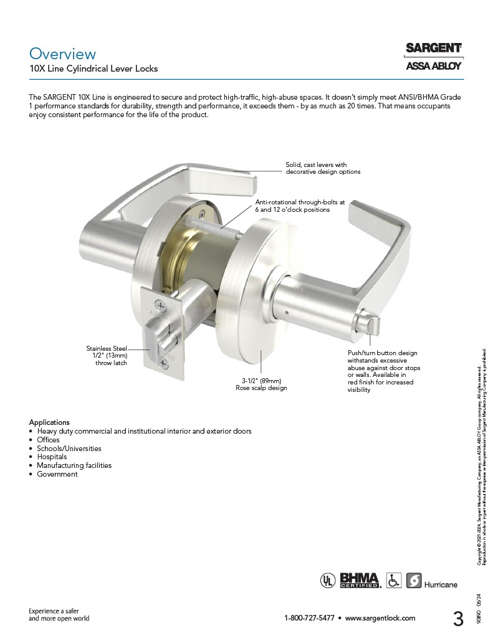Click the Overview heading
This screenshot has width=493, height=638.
pyautogui.click(x=62, y=54)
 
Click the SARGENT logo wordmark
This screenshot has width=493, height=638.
pyautogui.click(x=433, y=48)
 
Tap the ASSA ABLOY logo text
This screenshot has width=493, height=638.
pyautogui.click(x=433, y=65)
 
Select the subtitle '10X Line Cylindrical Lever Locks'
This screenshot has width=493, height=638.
pyautogui.click(x=93, y=69)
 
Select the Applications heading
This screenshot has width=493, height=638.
pyautogui.click(x=49, y=422)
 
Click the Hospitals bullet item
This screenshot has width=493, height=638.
pyautogui.click(x=52, y=457)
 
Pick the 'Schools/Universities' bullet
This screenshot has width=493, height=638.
pyautogui.click(x=69, y=448)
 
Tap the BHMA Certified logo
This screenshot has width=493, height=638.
pyautogui.click(x=360, y=581)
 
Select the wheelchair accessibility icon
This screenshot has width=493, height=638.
pyautogui.click(x=394, y=581)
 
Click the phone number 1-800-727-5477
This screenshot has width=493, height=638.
pyautogui.click(x=309, y=618)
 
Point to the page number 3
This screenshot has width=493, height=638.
pyautogui.click(x=458, y=619)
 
